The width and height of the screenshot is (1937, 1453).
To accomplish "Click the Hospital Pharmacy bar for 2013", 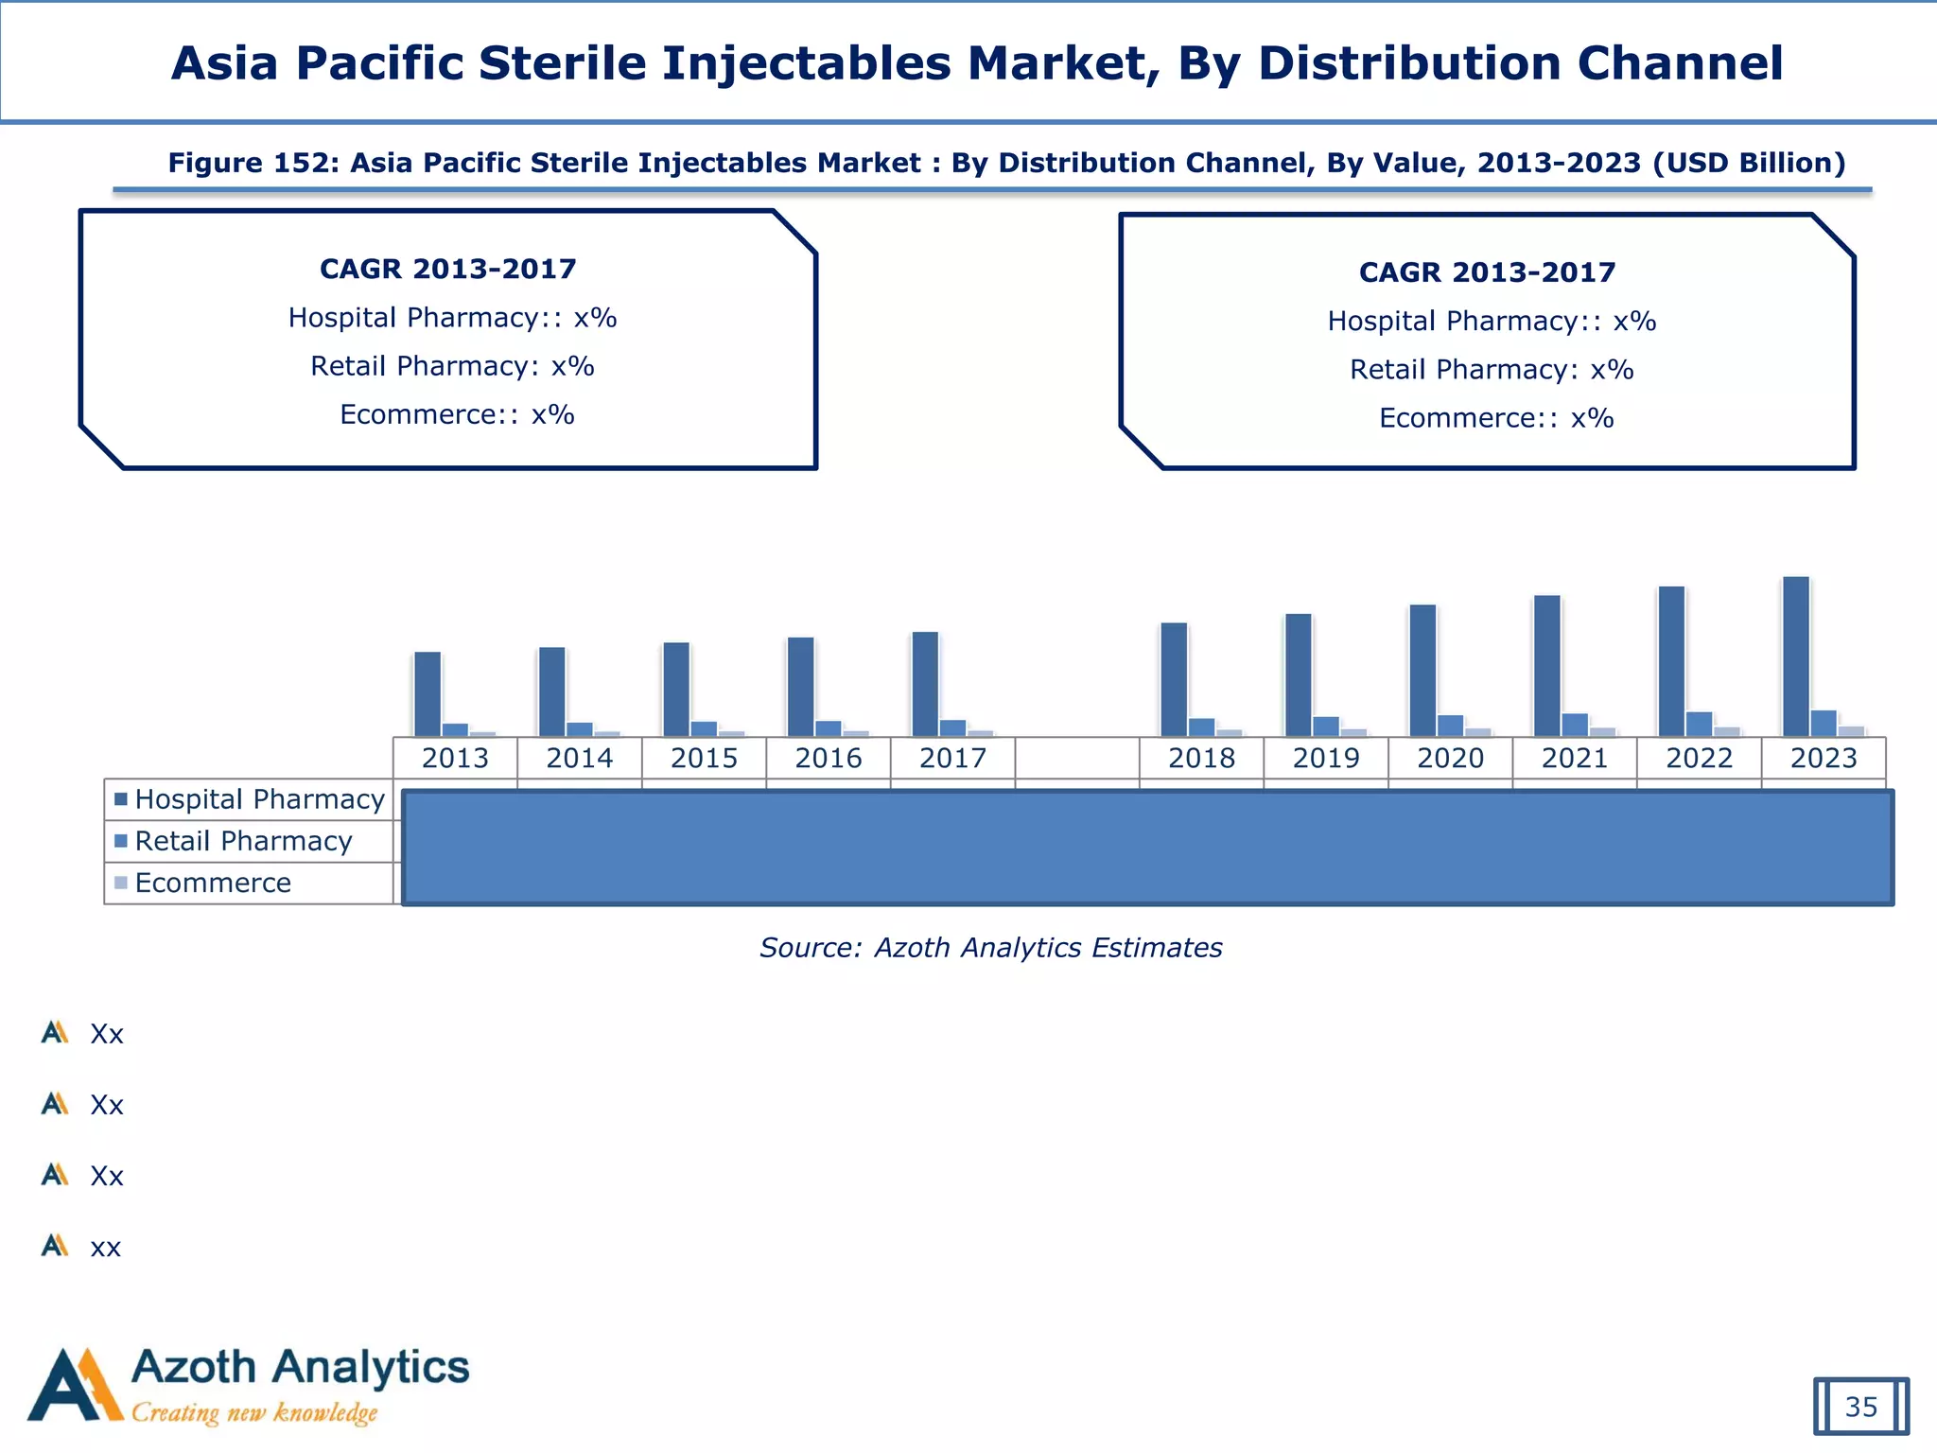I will [x=428, y=693].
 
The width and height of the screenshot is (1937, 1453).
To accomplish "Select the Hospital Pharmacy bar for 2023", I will [x=1795, y=656].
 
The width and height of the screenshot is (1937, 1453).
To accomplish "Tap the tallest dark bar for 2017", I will [x=925, y=684].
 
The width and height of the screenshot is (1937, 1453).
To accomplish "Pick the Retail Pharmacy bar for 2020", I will [x=1450, y=726].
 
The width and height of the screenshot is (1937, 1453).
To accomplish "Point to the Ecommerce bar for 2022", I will [x=1727, y=731].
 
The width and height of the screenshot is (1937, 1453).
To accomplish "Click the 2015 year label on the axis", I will [x=704, y=758].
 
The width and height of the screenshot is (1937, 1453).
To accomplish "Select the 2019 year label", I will [x=1326, y=758].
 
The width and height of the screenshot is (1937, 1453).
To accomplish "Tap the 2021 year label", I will [x=1575, y=758].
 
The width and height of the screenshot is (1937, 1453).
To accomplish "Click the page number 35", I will [x=1860, y=1407].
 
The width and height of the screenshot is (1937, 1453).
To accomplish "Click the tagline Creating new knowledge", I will [x=254, y=1413].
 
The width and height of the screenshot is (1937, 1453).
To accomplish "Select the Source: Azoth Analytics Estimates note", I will [x=990, y=947].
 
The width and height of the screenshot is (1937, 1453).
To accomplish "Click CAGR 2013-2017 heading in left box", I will [x=447, y=269].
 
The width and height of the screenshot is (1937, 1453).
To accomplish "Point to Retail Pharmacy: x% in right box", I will [x=1492, y=369].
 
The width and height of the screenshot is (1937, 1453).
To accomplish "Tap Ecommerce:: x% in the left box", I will [x=457, y=414].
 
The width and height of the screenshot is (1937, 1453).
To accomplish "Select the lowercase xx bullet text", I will [x=105, y=1247].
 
